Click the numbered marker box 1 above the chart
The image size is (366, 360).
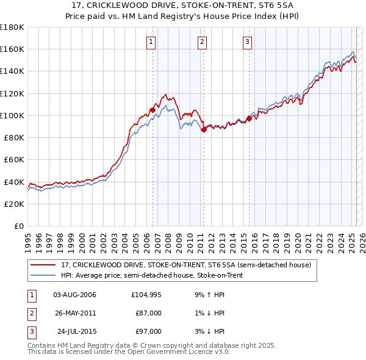(151, 42)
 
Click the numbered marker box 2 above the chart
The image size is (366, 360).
(202, 42)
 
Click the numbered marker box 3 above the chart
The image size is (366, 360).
(247, 42)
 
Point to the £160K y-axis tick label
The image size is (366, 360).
(12, 49)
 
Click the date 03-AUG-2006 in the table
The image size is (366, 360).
(75, 295)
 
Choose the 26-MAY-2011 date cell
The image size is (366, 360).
(75, 313)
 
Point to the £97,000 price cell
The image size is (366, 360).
(148, 331)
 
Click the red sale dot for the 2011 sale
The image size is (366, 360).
(204, 129)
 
